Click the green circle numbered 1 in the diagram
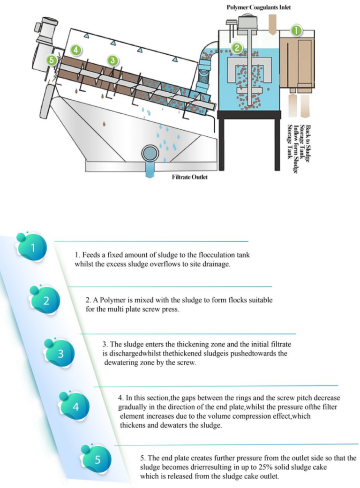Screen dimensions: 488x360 click(x=296, y=30)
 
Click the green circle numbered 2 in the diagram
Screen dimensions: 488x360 click(x=238, y=47)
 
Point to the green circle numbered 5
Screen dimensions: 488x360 click(x=53, y=60)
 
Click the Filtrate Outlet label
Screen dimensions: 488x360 click(x=189, y=178)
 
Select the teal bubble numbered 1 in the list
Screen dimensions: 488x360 click(x=33, y=247)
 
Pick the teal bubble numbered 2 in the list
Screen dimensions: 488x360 click(x=45, y=300)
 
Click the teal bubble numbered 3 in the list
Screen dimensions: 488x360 click(x=60, y=353)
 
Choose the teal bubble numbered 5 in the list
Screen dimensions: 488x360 click(x=97, y=459)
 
